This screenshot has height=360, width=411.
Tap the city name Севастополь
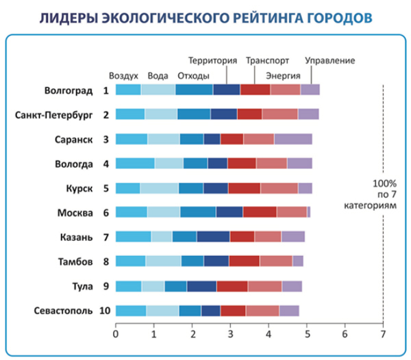pyautogui.click(x=62, y=311)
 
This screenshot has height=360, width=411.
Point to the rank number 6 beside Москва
pyautogui.click(x=105, y=212)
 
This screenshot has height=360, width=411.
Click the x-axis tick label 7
pyautogui.click(x=382, y=334)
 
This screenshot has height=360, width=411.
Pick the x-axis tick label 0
pyautogui.click(x=116, y=334)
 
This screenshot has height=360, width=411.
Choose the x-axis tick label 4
pyautogui.click(x=268, y=334)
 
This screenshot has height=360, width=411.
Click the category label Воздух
pyautogui.click(x=124, y=75)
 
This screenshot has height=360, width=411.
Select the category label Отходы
pyautogui.click(x=193, y=75)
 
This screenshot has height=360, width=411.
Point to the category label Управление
pyautogui.click(x=329, y=60)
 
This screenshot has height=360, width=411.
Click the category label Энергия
pyautogui.click(x=282, y=75)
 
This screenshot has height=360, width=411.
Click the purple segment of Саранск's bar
pyautogui.click(x=293, y=139)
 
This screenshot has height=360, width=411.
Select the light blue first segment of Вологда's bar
pyautogui.click(x=135, y=163)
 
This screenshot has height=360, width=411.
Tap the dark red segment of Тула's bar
pyautogui.click(x=232, y=286)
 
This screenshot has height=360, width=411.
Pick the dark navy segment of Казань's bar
pyautogui.click(x=213, y=237)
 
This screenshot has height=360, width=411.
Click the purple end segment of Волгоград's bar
pyautogui.click(x=310, y=90)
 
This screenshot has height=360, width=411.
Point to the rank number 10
pyautogui.click(x=105, y=311)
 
